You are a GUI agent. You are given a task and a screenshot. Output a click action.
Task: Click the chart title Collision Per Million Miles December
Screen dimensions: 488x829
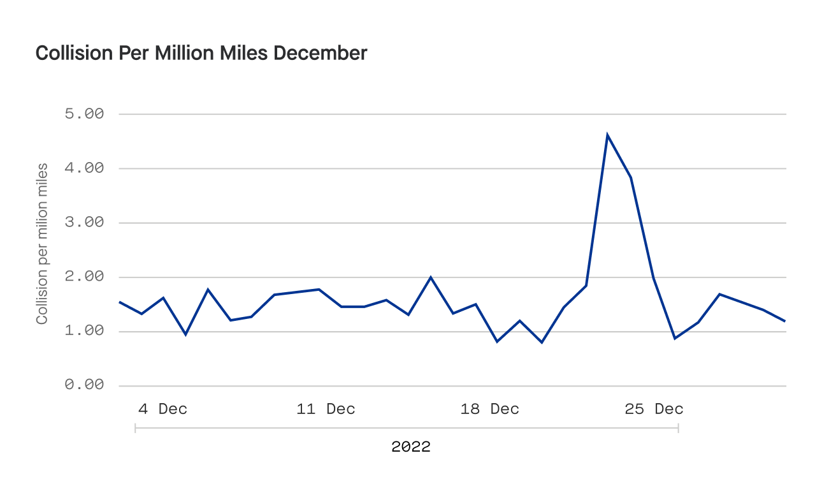pos(201,53)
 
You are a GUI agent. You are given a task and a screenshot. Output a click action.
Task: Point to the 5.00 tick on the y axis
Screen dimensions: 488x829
pos(84,114)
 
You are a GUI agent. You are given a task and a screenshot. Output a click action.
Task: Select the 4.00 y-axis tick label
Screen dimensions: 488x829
pos(84,168)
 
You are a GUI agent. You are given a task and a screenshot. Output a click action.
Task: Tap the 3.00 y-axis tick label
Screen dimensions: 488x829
pos(84,223)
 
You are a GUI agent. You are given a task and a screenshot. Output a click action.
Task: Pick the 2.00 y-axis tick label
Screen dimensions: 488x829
pos(84,277)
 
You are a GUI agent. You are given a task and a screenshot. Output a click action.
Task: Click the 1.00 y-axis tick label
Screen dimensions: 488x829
pos(84,331)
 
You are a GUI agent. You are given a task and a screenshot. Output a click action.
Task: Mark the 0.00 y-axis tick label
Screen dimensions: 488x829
pos(84,385)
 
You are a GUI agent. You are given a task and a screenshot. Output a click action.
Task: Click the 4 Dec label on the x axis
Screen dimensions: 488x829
pos(162,409)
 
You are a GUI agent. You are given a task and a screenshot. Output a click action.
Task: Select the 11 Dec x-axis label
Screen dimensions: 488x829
pos(326,409)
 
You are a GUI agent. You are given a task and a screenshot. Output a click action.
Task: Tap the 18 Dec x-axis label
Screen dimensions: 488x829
pos(489,409)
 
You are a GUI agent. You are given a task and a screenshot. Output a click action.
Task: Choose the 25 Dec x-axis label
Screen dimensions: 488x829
pos(654,409)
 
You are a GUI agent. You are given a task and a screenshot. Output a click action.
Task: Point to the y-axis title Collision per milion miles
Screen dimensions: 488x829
pos(42,244)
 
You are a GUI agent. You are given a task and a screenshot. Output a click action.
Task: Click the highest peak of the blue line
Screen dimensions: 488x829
pos(607,135)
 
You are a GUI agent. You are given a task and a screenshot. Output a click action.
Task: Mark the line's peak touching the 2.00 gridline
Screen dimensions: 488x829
pos(431,277)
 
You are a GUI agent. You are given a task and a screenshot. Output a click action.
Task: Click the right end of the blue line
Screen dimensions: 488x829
pos(785,321)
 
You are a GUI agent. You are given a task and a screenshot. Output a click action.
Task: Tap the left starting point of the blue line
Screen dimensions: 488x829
pos(120,302)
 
